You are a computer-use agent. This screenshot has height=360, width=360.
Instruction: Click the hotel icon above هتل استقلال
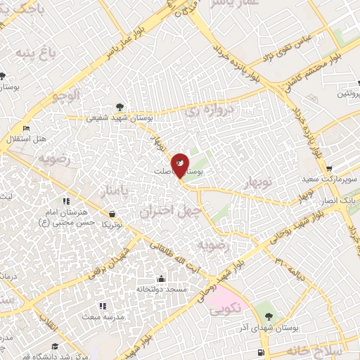coord(26,128)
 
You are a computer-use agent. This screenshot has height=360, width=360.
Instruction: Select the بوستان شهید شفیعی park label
coord(110,117)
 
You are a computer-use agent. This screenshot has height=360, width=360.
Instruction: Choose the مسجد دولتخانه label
coord(162,289)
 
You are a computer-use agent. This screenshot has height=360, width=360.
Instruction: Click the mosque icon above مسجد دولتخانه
coord(162,279)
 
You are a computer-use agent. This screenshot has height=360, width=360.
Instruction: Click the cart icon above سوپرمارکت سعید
coord(329,169)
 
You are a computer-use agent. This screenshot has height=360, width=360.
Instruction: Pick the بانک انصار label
coord(342,201)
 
